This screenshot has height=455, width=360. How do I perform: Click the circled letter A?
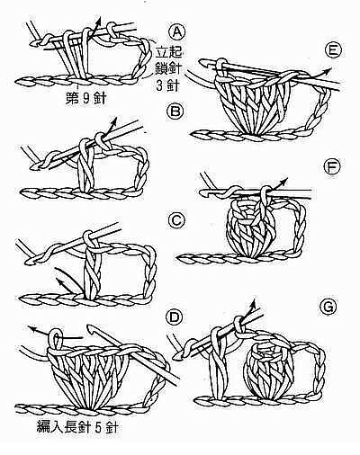[177, 32]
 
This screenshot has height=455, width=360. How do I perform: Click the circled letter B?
[175, 112]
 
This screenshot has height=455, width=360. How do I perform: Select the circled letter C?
[176, 221]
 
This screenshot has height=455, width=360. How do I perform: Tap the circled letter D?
[175, 318]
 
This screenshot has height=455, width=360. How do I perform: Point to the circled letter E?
[334, 50]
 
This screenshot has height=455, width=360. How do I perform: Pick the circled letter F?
[333, 167]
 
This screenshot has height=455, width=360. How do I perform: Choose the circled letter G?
[328, 307]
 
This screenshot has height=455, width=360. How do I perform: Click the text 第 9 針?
[85, 98]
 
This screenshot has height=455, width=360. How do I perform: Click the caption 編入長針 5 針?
[76, 426]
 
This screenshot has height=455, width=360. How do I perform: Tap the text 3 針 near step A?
[167, 86]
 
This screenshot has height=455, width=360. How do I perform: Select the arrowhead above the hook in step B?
[114, 120]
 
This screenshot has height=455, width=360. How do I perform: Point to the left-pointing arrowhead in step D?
[32, 329]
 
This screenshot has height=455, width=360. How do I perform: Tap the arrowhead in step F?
[283, 181]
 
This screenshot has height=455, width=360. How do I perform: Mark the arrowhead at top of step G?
[254, 303]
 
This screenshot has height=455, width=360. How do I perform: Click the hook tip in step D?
[89, 327]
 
